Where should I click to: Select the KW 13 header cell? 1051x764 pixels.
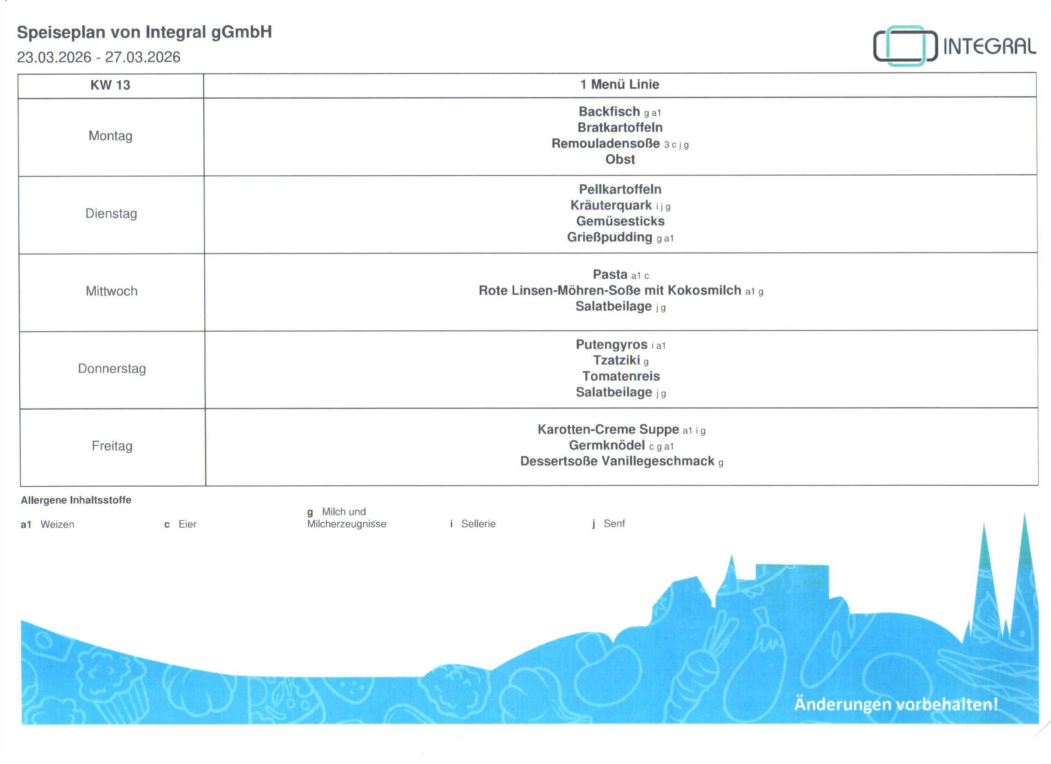[x=110, y=85]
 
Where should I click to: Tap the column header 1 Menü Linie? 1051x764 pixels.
[x=619, y=84]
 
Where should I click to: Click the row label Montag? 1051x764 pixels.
[x=110, y=136]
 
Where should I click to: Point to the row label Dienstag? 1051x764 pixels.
[x=111, y=213]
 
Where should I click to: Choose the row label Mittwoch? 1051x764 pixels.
[x=111, y=291]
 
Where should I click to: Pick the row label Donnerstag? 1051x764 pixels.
[x=111, y=369]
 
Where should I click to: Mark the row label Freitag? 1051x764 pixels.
[x=112, y=446]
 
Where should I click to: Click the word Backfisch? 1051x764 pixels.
[x=609, y=111]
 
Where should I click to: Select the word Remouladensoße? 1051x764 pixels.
[x=605, y=144]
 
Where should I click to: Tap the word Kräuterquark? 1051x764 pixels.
[x=611, y=205]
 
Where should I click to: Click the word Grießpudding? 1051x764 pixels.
[x=610, y=237]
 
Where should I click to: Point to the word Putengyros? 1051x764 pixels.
[x=611, y=345]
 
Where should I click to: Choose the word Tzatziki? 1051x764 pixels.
[x=616, y=360]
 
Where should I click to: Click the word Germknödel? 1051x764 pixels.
[x=606, y=445]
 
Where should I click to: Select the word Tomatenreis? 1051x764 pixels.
[x=621, y=376]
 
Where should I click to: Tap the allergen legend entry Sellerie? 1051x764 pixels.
[x=478, y=524]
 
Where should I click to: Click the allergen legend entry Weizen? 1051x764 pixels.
[x=57, y=524]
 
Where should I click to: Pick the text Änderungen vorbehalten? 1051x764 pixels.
[x=896, y=704]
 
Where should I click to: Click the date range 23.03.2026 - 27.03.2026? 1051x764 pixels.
[x=99, y=58]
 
